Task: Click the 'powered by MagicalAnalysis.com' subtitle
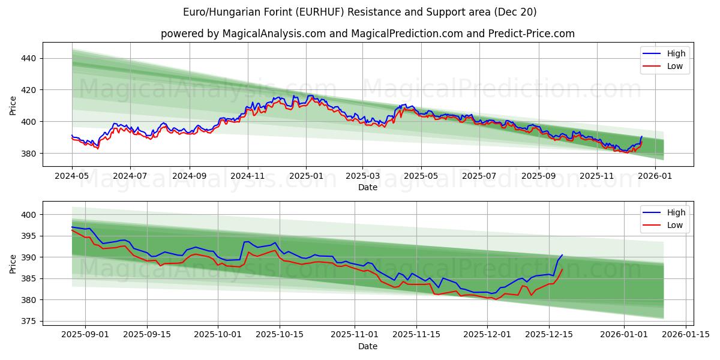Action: point(367,34)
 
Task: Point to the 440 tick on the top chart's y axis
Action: point(29,58)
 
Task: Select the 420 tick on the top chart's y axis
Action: point(29,90)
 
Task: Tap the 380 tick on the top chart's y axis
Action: point(29,154)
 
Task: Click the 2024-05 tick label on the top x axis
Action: point(72,176)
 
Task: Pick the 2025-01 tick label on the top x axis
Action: point(306,176)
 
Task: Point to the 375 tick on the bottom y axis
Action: point(29,321)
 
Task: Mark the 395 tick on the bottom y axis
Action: point(29,236)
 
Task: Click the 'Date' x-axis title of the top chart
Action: point(367,187)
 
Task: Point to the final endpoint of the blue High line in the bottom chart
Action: point(562,255)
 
